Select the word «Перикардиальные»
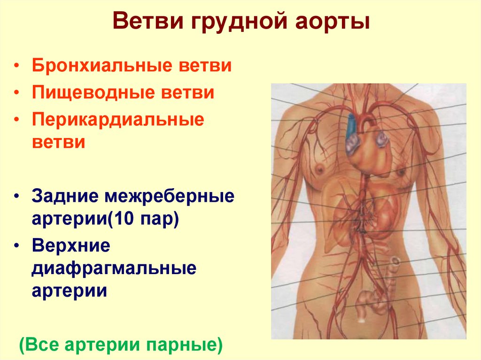(x=118, y=119)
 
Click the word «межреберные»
(x=166, y=196)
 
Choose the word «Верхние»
(x=71, y=245)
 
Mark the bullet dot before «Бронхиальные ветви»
(x=17, y=66)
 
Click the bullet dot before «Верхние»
(x=17, y=246)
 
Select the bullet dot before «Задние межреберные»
(x=17, y=197)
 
